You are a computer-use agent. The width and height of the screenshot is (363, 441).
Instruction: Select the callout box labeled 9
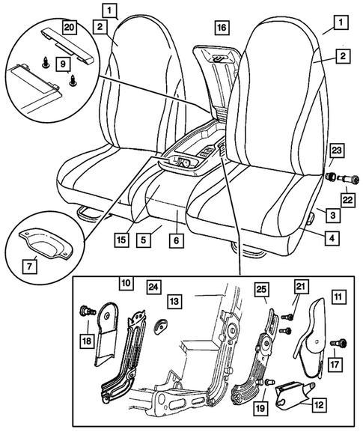(x=64, y=64)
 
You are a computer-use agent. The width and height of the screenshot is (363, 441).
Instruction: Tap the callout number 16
(x=220, y=28)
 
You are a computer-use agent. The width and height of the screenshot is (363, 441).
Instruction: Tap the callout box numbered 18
(x=88, y=341)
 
